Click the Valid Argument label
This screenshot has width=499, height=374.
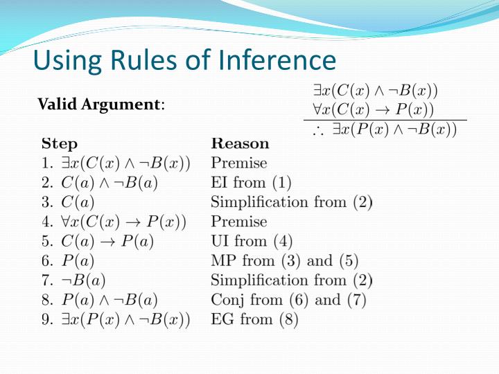[x=100, y=105]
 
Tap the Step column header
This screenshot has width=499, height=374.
[x=60, y=144]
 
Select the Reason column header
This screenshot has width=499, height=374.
[x=240, y=144]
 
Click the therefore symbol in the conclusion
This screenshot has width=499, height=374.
[x=318, y=131]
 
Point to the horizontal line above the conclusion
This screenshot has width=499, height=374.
[x=385, y=120]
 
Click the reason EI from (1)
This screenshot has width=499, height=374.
[x=251, y=183]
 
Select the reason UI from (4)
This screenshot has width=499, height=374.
[x=252, y=242]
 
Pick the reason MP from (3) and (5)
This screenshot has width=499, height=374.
[x=284, y=261]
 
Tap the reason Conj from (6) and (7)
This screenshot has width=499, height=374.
[x=288, y=300]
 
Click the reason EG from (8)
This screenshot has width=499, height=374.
[x=254, y=320]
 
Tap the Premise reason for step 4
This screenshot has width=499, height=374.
[x=238, y=222]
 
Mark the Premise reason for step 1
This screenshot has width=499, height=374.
[x=238, y=163]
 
